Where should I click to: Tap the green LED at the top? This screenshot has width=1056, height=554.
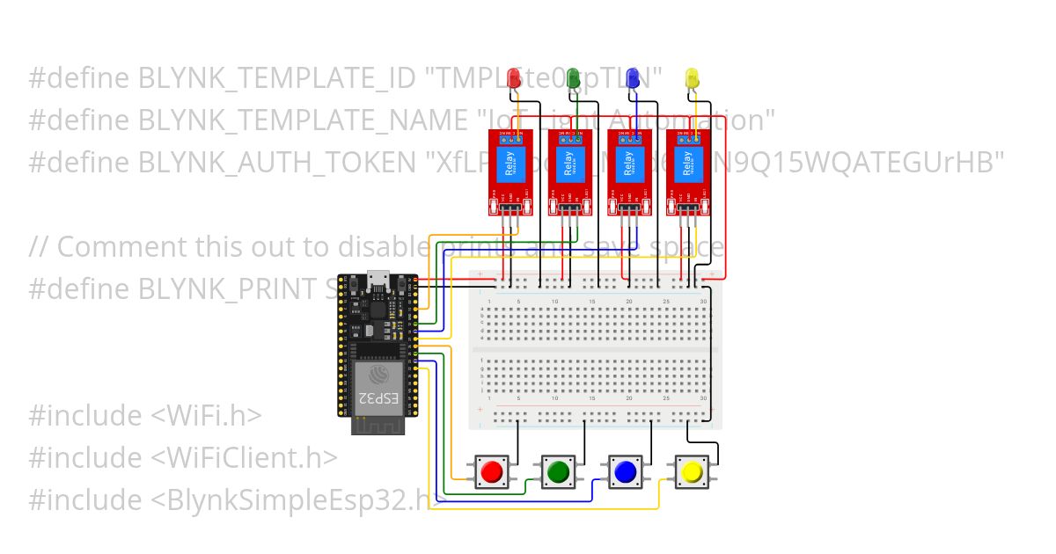[x=574, y=79]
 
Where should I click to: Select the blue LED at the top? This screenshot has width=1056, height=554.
[x=632, y=79]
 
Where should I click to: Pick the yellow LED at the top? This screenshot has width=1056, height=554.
[x=692, y=79]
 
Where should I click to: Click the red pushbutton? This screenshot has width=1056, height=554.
[x=491, y=472]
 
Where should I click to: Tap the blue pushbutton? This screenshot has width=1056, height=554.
[x=625, y=472]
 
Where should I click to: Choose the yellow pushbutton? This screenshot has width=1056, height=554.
[x=692, y=472]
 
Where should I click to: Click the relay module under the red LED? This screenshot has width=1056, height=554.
[x=510, y=171]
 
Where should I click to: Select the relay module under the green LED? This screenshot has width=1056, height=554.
[x=570, y=171]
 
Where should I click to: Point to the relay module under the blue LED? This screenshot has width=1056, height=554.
[x=629, y=171]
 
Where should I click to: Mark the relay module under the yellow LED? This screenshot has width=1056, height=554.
[x=687, y=171]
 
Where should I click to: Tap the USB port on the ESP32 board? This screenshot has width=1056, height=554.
[x=379, y=278]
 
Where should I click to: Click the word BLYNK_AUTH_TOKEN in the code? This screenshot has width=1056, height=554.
[x=277, y=162]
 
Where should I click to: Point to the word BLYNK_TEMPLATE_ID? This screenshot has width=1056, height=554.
[x=276, y=77]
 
